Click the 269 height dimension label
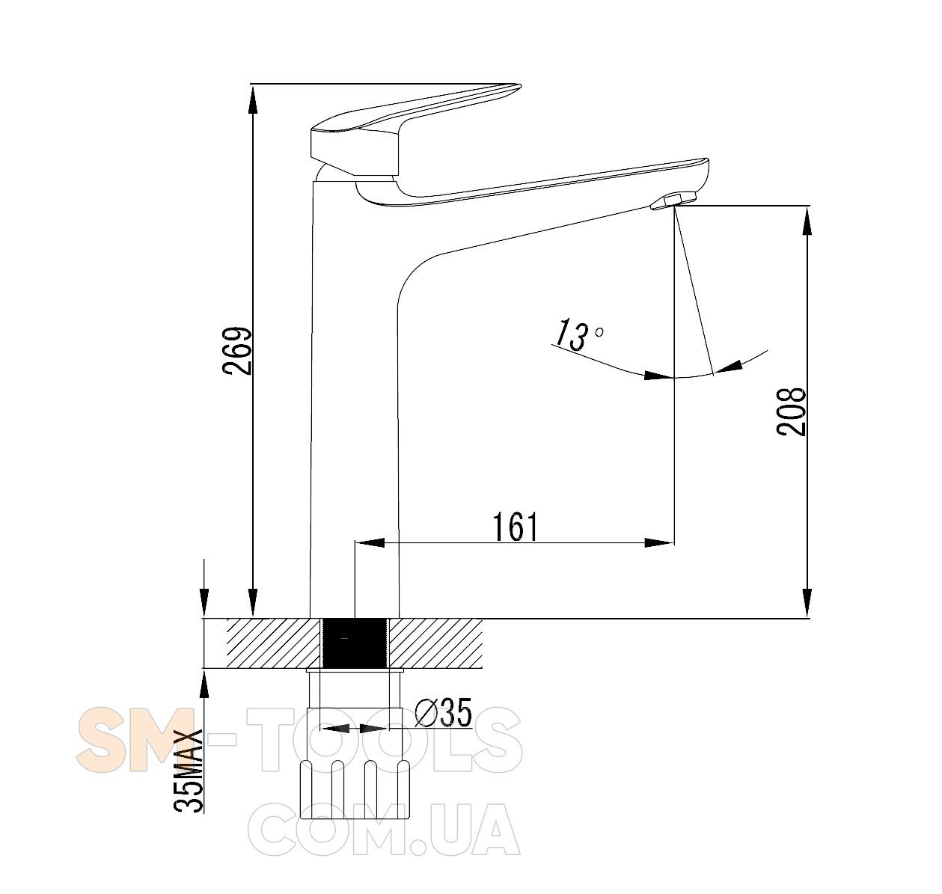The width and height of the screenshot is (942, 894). tap(236, 351)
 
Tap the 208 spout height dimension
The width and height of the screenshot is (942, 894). tap(791, 411)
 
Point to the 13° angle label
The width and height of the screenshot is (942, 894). tap(578, 334)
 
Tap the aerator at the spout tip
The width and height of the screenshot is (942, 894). tap(673, 200)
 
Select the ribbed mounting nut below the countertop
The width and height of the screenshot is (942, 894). tap(355, 789)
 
